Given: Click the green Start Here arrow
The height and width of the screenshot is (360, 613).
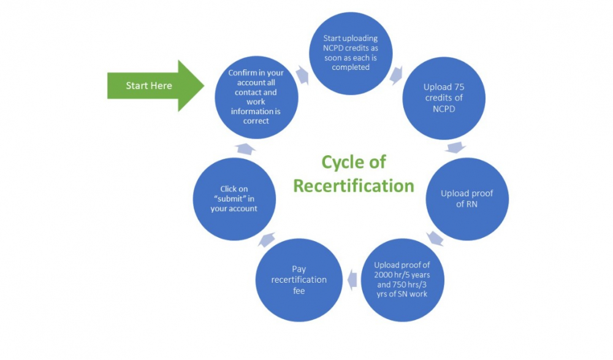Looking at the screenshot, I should [x=153, y=86].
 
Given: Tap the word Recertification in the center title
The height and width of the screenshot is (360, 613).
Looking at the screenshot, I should [x=354, y=185].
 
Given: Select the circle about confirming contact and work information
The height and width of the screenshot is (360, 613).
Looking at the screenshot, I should [x=257, y=97].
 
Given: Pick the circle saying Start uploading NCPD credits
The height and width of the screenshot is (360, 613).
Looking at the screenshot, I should [x=350, y=53].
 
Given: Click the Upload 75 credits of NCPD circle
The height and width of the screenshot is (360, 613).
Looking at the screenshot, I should [x=444, y=99].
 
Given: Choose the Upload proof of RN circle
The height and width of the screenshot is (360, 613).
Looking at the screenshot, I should [x=467, y=199].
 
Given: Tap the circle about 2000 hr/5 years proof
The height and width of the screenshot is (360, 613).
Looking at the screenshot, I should [x=402, y=280].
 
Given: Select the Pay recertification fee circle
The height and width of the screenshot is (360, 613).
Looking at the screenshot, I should [x=299, y=280].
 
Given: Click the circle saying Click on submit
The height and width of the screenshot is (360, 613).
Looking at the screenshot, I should [x=235, y=199].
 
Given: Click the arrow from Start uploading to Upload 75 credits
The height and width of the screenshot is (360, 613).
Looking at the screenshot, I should [x=396, y=74].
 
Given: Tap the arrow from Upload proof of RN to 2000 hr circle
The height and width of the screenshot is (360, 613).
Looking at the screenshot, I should [x=435, y=238].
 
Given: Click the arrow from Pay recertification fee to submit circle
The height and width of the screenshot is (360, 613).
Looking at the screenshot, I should [x=266, y=239].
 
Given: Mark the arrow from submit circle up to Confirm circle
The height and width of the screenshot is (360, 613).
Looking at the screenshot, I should [x=245, y=148].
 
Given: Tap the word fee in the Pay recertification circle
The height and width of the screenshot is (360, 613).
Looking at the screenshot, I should [x=299, y=290].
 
